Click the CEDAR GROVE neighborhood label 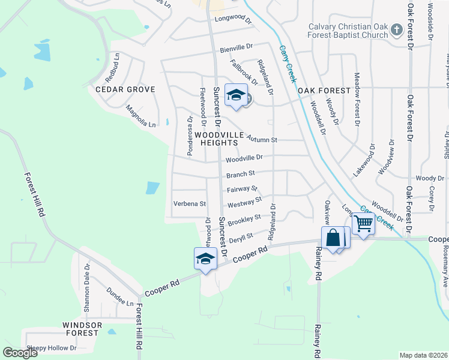pos(125,89)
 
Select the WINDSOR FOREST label pos(81,329)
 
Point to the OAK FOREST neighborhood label pos(324,90)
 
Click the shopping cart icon pos(364,224)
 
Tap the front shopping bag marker pos(333,238)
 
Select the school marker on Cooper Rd pos(205,259)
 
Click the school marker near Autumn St pos(237,95)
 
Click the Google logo pos(20,352)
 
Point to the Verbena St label pos(189,203)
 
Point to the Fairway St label pos(242,189)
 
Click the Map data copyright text pos(423,355)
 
